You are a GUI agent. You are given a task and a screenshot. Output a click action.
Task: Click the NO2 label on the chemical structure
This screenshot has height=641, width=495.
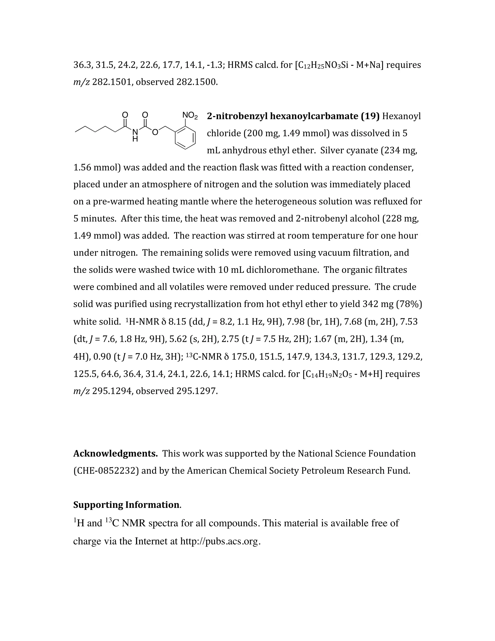[x=190, y=115]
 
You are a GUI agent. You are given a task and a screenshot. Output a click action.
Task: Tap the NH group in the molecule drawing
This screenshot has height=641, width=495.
[x=135, y=136]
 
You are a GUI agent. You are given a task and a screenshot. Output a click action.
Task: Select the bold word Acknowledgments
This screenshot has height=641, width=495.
[x=115, y=454]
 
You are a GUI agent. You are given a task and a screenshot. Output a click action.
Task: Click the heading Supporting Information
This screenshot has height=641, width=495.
[x=126, y=505]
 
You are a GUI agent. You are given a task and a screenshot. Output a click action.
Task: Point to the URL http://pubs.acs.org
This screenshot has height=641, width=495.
[x=220, y=541]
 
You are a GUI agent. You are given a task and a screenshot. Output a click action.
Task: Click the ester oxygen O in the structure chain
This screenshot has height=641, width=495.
[x=155, y=132]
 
